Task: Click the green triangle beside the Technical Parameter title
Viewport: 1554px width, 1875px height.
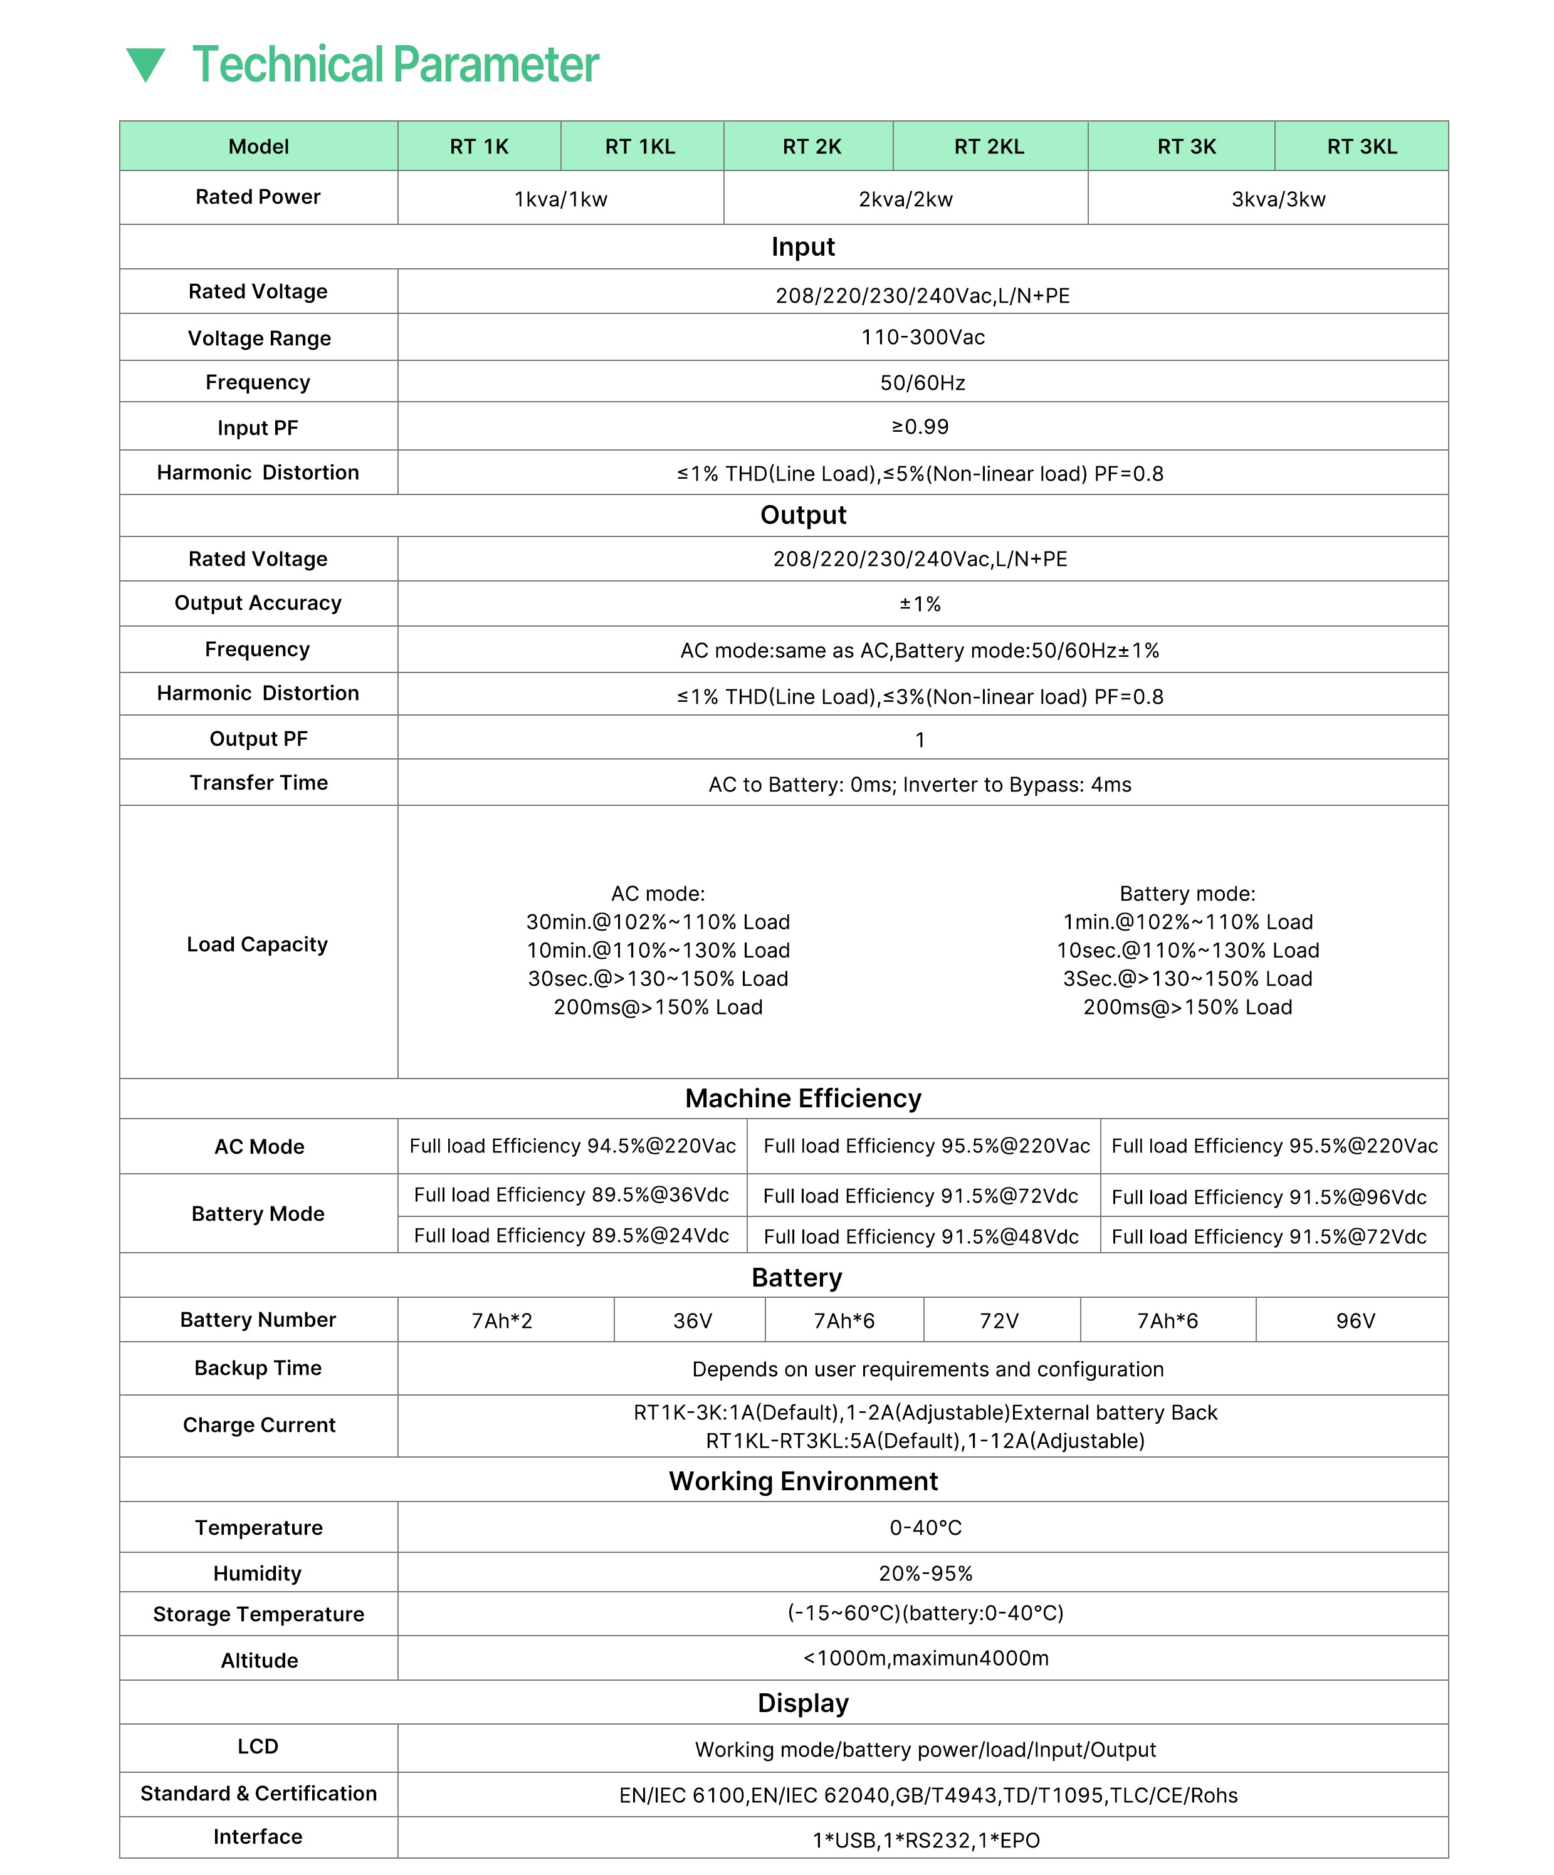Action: [145, 65]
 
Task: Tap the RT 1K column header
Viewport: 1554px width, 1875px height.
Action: [479, 147]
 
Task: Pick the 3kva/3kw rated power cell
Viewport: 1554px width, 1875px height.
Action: [1278, 199]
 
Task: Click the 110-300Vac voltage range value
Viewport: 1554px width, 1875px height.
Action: [923, 338]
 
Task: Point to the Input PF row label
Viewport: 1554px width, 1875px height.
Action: [258, 427]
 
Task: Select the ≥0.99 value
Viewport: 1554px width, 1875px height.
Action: [920, 427]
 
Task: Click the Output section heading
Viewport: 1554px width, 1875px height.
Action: [803, 515]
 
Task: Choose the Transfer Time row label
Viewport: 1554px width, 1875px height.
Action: [258, 783]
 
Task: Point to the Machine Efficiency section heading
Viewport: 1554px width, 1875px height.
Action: [803, 1098]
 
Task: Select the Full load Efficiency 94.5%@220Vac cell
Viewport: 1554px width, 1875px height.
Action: [572, 1146]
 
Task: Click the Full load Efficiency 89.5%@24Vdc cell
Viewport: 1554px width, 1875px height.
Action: [572, 1236]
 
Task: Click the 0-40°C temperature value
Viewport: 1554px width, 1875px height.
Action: [925, 1528]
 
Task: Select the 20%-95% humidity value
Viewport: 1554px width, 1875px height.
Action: [925, 1573]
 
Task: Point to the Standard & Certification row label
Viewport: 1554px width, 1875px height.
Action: [258, 1794]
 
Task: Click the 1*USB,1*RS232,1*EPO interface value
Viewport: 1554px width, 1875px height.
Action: [926, 1840]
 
